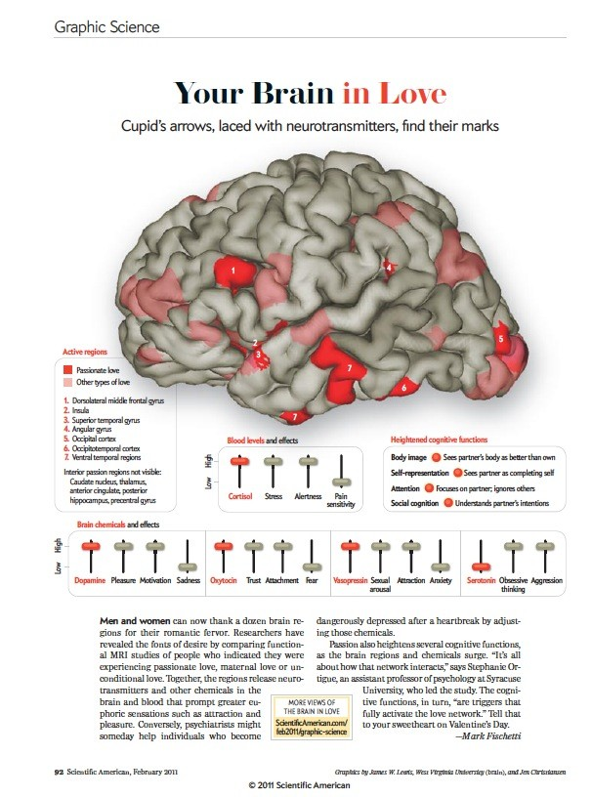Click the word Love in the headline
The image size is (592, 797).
pos(408,95)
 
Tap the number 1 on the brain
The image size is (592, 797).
pos(233,270)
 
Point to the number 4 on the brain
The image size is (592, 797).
pos(389,266)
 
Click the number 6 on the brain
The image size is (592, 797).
pos(403,388)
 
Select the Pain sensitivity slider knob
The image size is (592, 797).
pos(341,482)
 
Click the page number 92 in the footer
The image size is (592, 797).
pos(59,771)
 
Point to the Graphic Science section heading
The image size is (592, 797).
pos(106,26)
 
